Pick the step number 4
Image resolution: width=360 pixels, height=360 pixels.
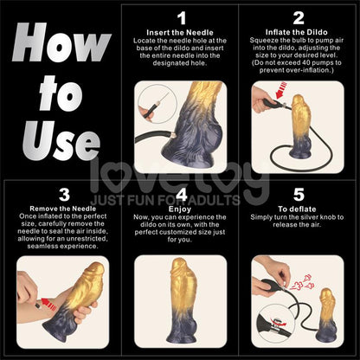(181, 196)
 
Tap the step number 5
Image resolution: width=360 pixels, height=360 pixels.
(298, 196)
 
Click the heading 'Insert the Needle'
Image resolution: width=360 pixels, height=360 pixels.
(181, 31)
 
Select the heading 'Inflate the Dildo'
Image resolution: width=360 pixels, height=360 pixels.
(298, 31)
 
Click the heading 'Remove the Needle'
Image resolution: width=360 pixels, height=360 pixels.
(62, 209)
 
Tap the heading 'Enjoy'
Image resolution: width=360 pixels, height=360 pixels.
(181, 209)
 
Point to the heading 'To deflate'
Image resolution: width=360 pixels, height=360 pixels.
(298, 209)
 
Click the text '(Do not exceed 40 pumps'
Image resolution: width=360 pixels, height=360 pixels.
(298, 63)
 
